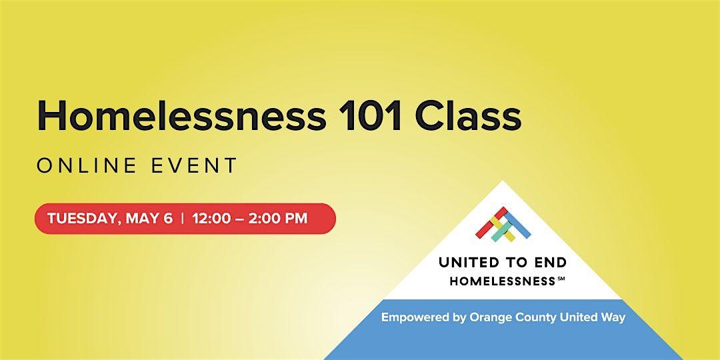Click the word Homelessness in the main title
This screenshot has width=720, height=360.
point(181,117)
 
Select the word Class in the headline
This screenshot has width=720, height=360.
point(469,117)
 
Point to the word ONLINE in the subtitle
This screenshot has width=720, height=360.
point(87,166)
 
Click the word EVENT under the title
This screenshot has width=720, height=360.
point(194,166)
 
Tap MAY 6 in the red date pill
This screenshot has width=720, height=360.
point(149,219)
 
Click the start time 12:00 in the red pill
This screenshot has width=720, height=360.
point(212,219)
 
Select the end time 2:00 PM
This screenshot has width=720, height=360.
point(278,219)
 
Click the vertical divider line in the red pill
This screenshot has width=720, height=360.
point(183,219)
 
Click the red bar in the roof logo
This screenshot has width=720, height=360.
point(491,221)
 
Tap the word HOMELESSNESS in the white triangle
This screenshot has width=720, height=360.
point(503,281)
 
